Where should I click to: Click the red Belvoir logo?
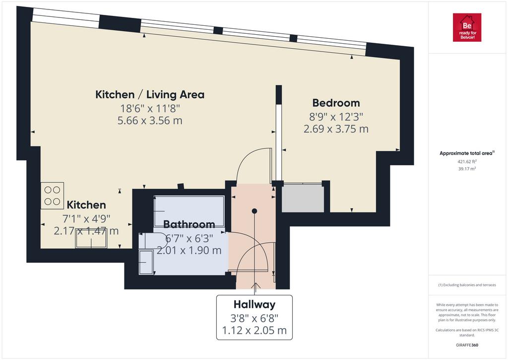tap(467, 28)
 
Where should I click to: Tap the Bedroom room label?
tap(336, 103)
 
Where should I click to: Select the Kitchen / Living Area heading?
tap(150, 95)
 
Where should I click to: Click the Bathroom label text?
tap(189, 224)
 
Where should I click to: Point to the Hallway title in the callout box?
tap(254, 304)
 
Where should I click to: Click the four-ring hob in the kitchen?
tap(52, 196)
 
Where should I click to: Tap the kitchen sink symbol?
tap(91, 238)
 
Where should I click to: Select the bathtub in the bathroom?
tap(189, 211)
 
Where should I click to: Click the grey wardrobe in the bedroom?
tap(303, 198)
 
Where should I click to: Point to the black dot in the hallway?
tap(254, 211)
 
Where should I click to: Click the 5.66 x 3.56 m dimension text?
tap(150, 121)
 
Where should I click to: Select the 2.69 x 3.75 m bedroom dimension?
tap(336, 129)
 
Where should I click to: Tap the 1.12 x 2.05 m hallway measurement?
tap(254, 331)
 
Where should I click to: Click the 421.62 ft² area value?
tap(467, 161)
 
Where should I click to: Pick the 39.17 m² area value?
tap(467, 169)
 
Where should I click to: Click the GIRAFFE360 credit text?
tap(467, 345)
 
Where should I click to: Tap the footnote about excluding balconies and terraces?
tap(467, 285)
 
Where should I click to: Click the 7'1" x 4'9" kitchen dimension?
tap(86, 219)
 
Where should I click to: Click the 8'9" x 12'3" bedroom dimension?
tap(336, 116)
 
